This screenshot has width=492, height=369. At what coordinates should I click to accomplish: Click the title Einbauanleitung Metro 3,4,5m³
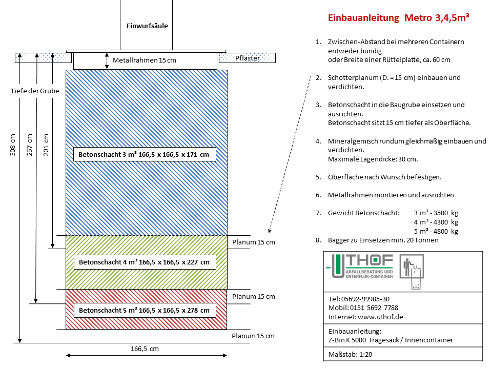(399, 18)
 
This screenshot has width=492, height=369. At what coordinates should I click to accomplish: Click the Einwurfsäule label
(147, 25)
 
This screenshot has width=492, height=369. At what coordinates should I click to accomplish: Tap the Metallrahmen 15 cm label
(144, 60)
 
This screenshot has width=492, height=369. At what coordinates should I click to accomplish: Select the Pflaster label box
(248, 58)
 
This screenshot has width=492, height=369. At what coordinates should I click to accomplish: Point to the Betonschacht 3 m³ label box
(144, 154)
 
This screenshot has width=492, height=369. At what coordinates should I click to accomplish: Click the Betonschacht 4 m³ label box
(144, 262)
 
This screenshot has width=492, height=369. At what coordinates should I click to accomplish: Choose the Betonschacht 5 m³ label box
(144, 310)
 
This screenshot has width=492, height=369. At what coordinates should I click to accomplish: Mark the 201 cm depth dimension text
(46, 145)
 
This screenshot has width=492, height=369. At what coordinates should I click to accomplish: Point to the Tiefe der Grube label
(35, 91)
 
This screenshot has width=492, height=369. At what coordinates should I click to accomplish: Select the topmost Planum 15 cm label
(254, 242)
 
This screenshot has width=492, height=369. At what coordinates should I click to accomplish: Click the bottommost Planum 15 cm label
(253, 336)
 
